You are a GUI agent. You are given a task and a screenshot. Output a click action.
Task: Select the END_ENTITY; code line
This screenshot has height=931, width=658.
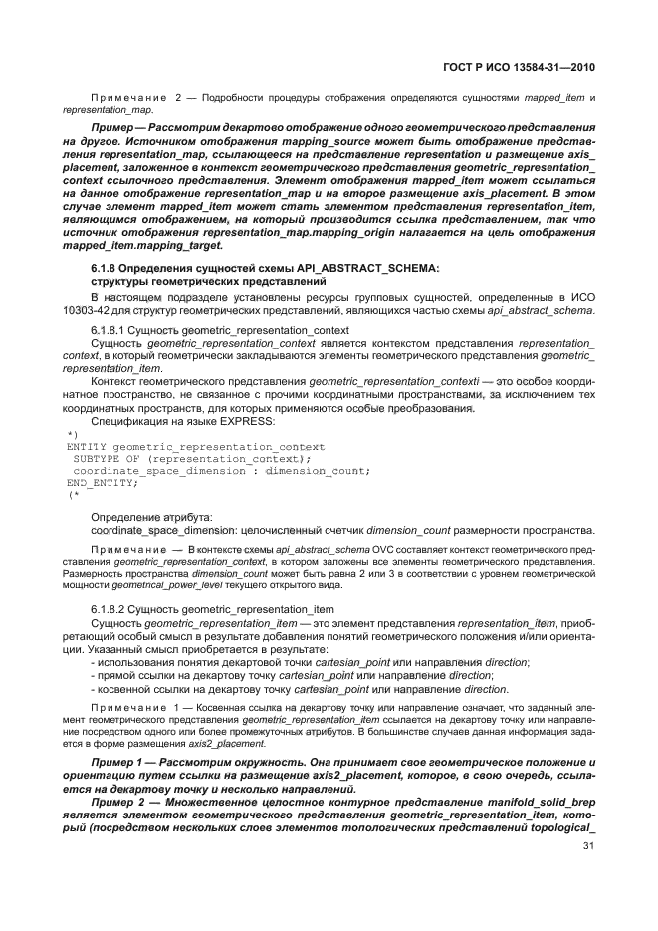pyautogui.click(x=101, y=482)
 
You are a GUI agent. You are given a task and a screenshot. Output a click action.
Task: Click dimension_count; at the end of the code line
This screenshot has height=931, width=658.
pyautogui.click(x=324, y=470)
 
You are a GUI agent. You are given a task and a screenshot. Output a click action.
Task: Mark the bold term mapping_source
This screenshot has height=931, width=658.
pyautogui.click(x=305, y=142)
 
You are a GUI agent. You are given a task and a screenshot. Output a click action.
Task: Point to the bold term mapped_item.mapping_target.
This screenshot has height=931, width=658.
pyautogui.click(x=143, y=245)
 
